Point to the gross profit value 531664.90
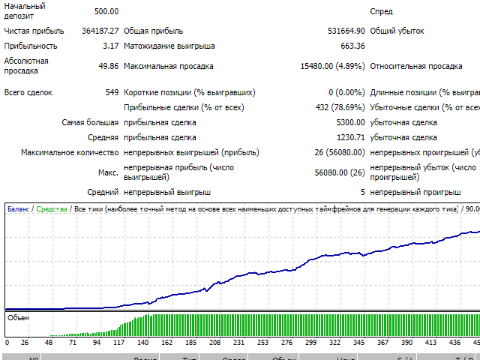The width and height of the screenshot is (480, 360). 341,31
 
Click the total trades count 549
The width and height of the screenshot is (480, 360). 112,92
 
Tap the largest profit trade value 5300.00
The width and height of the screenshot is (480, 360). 350,122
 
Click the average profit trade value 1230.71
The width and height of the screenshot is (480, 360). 350,137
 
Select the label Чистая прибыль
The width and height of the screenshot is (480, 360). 34,31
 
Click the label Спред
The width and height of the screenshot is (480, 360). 381,11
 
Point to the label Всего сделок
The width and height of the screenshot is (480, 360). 28,92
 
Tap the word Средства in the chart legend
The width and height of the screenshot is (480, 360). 51,209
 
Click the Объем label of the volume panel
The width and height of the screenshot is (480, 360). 18,318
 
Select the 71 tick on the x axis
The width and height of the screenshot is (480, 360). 73,342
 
